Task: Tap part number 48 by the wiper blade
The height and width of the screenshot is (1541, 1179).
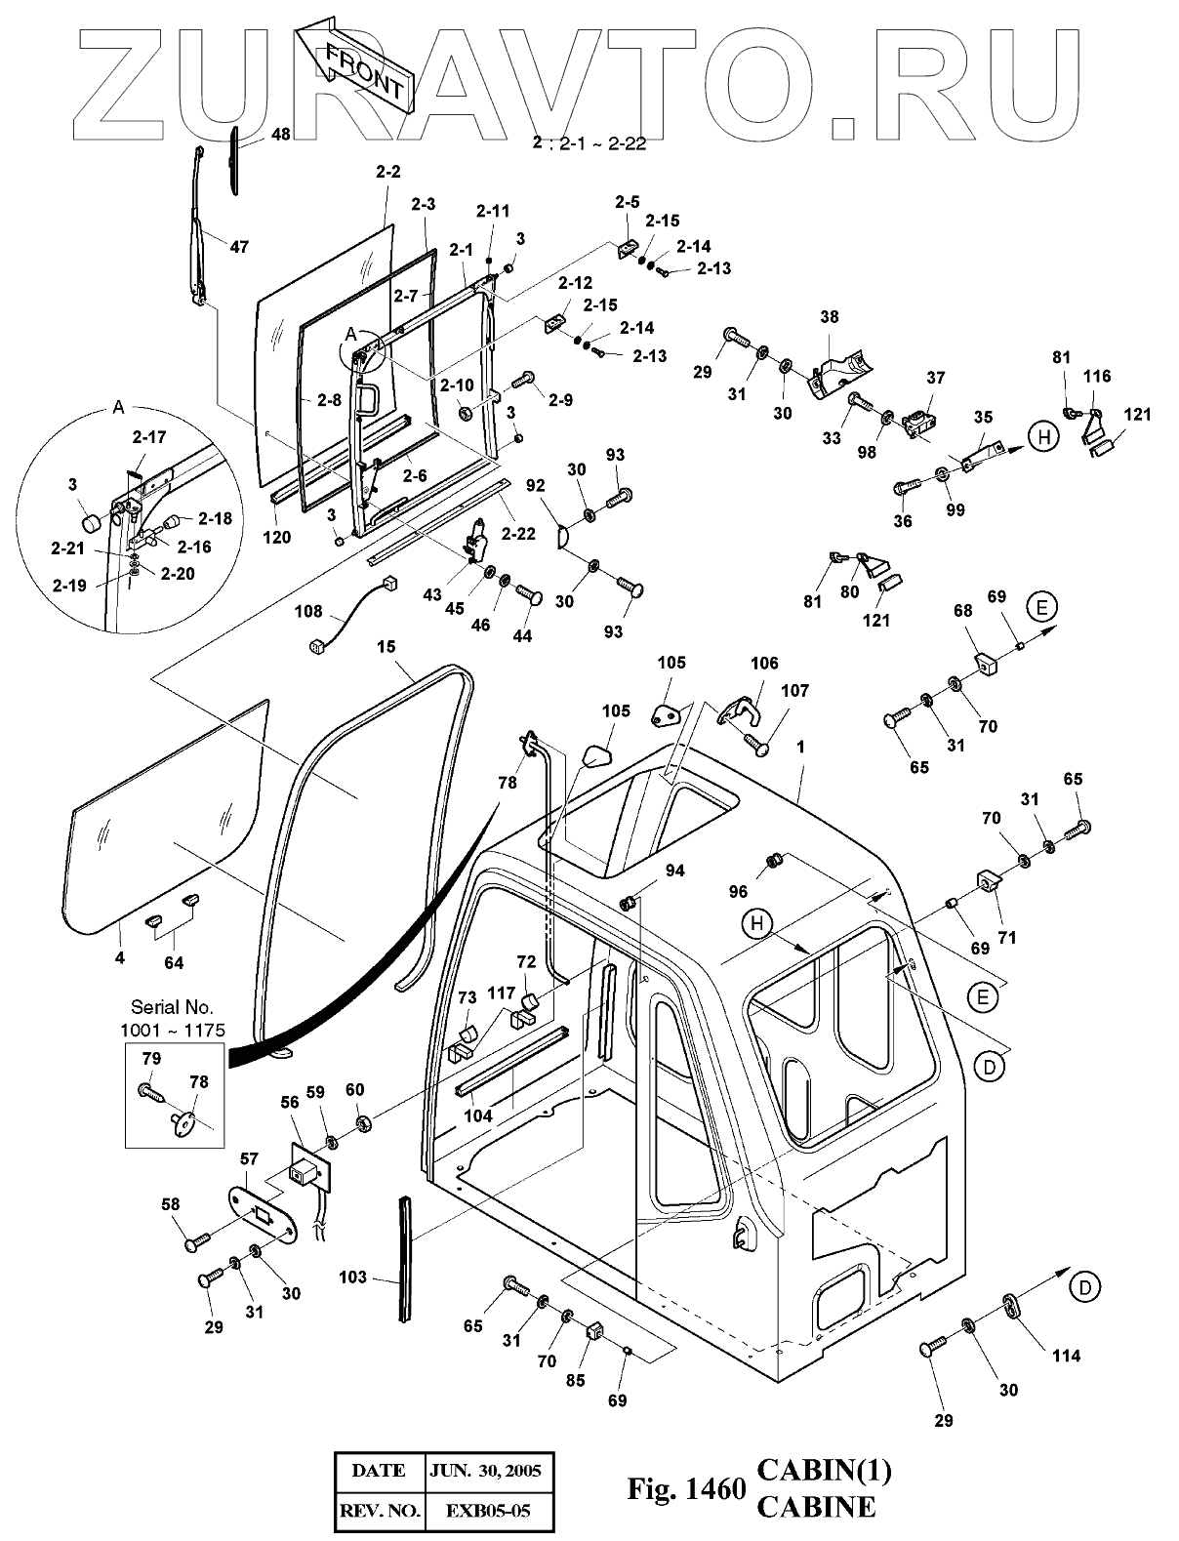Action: point(280,135)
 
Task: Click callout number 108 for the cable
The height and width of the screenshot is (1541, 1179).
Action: point(308,612)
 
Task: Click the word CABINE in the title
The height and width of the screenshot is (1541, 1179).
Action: point(816,1508)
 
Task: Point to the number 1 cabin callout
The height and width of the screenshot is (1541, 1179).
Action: point(800,747)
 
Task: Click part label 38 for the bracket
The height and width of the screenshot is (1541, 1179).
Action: point(830,317)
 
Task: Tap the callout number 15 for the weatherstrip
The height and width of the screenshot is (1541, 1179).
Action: point(386,647)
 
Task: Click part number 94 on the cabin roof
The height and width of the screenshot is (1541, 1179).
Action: point(675,871)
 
